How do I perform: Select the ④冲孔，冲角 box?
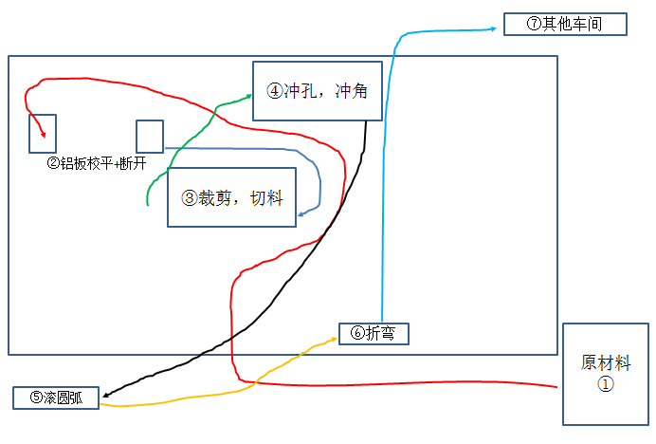click(x=318, y=91)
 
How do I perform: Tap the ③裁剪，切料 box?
click(x=231, y=197)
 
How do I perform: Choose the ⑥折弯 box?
click(x=374, y=333)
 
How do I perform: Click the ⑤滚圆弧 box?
click(x=56, y=398)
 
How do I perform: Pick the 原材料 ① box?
click(x=605, y=374)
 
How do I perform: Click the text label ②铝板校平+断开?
click(x=96, y=163)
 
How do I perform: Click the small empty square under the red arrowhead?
click(x=43, y=134)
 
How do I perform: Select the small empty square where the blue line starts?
click(x=150, y=136)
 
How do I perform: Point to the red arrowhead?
click(x=42, y=132)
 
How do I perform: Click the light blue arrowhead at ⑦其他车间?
click(x=497, y=28)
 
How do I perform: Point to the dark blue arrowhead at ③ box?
click(x=301, y=213)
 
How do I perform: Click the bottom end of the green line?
click(x=148, y=204)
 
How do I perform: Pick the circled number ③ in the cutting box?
click(x=189, y=197)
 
